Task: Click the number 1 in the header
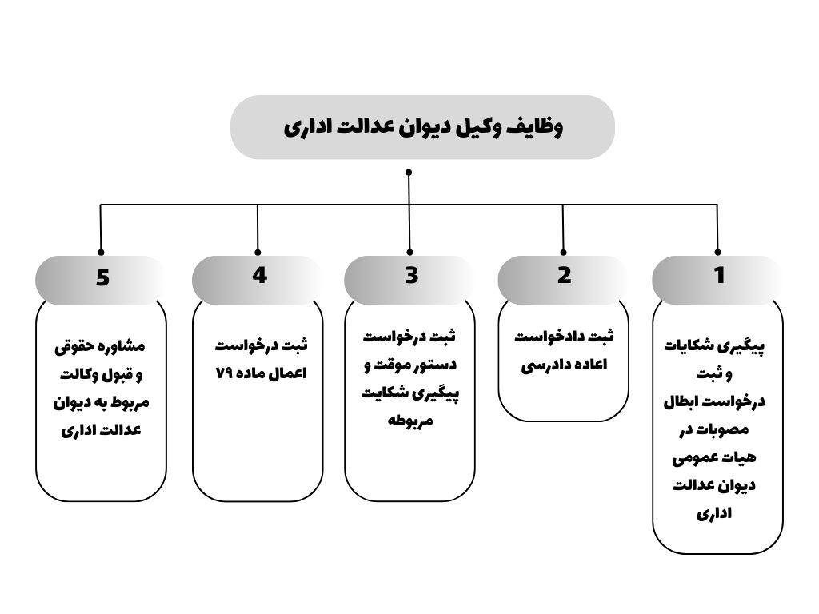719,276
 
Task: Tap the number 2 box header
565,276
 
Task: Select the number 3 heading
411,276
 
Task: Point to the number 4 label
259,275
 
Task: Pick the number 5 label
102,277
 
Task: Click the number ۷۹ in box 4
225,373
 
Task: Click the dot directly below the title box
409,172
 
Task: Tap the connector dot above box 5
101,251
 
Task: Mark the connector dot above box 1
717,251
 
